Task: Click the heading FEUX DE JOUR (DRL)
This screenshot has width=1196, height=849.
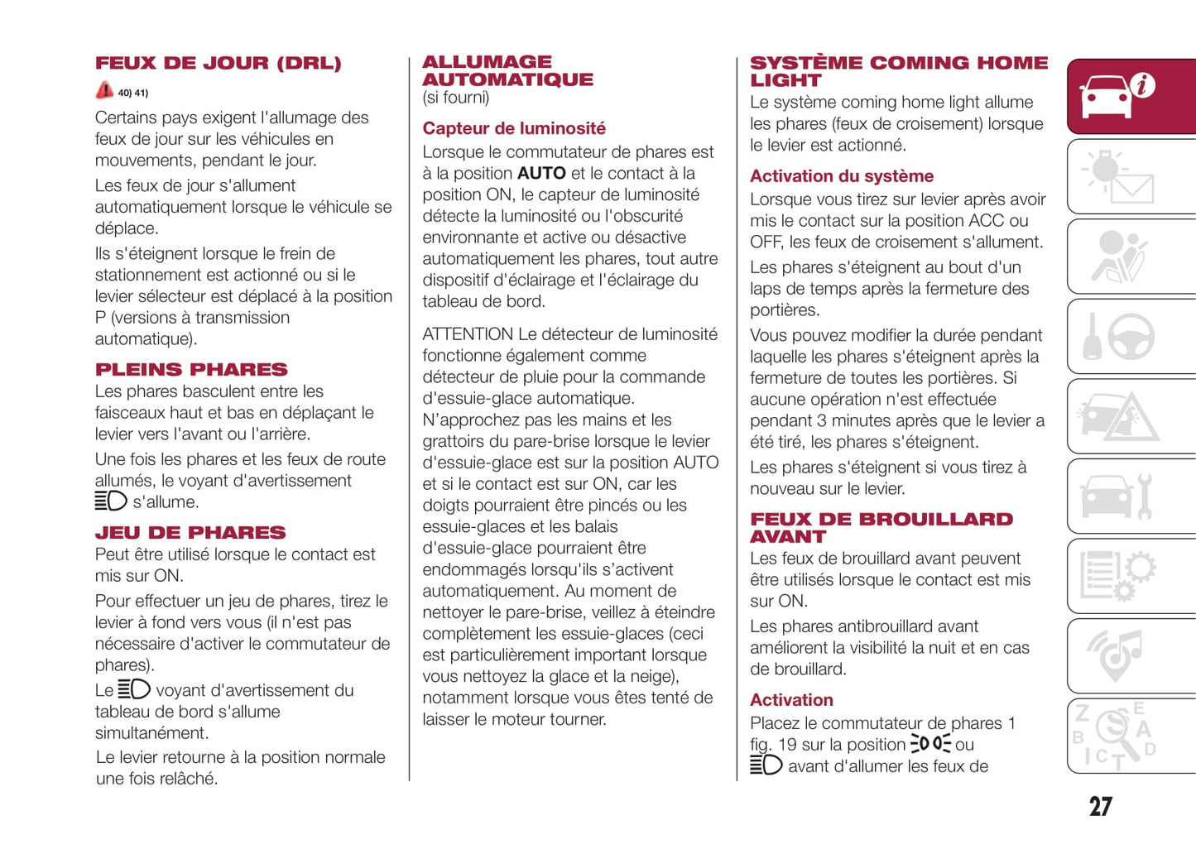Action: point(218,64)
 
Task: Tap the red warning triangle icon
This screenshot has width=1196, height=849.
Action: point(104,90)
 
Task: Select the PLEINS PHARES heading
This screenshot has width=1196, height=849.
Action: point(191,370)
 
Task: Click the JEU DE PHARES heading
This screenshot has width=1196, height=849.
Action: point(190,533)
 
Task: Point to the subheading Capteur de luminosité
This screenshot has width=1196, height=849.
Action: point(514,128)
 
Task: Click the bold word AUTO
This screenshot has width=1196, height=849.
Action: point(541,174)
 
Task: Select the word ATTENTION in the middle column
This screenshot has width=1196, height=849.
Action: point(468,334)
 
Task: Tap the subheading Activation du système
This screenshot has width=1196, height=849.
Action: point(842,176)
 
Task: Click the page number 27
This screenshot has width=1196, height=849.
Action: point(1100,807)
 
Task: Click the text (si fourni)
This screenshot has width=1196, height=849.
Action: point(456,98)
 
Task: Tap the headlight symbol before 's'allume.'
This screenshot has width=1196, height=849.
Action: point(111,501)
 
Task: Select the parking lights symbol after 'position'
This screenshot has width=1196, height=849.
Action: point(930,744)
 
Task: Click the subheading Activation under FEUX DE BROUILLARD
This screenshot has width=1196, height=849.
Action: point(791,700)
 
